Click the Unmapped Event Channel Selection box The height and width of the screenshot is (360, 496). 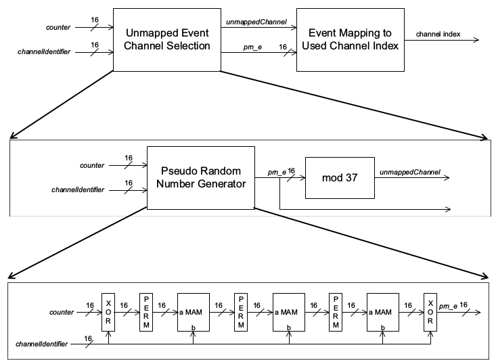click(x=168, y=39)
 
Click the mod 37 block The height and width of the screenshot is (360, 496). click(x=339, y=178)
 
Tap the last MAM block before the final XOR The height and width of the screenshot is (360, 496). click(x=384, y=312)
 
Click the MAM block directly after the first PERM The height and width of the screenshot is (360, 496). click(x=194, y=312)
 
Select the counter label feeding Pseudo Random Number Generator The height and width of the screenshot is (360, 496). click(x=91, y=165)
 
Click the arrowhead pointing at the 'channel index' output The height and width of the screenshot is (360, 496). click(x=478, y=39)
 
